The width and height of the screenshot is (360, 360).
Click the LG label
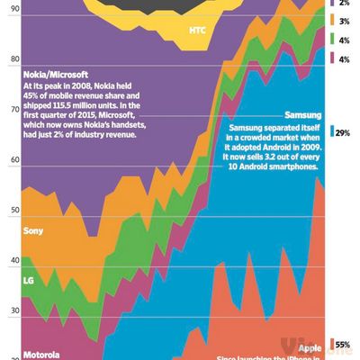coord(26,280)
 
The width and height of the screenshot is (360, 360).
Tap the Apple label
coord(309,347)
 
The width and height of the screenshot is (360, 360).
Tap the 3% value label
coord(343,20)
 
